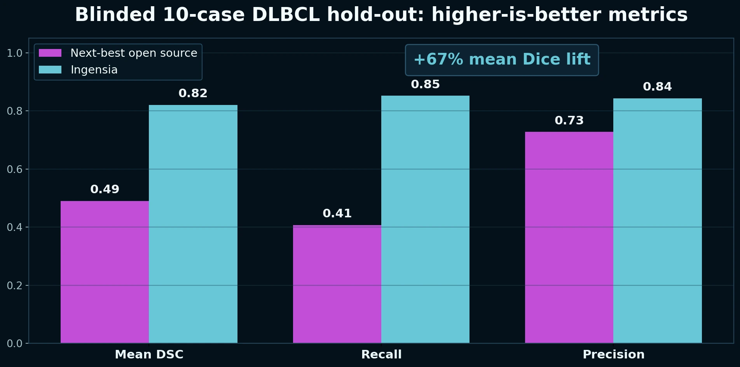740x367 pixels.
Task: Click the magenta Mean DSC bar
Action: point(105,272)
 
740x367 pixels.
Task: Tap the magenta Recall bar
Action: point(337,284)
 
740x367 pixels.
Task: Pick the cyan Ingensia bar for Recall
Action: point(425,220)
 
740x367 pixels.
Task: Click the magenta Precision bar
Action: point(569,237)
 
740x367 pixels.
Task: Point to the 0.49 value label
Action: point(105,189)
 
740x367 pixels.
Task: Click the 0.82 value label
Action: point(193,93)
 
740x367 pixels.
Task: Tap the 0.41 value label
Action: point(337,213)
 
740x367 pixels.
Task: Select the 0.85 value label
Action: point(425,84)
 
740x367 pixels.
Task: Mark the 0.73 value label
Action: point(569,121)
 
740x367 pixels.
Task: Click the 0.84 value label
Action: point(658,87)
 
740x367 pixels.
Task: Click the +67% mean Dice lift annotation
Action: point(502,59)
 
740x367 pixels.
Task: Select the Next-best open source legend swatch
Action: point(50,53)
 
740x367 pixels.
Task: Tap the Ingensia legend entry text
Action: point(94,70)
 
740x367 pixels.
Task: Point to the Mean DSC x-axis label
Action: point(149,355)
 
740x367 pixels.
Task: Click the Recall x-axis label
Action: point(381,355)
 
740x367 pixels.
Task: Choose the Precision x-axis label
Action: point(613,355)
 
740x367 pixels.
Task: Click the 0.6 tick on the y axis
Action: point(14,169)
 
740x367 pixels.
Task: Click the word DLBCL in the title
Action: point(286,15)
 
